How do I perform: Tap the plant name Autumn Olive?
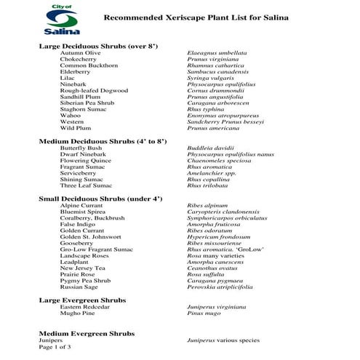[80, 53]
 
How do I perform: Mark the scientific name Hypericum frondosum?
[220, 237]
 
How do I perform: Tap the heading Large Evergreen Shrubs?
[81, 300]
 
